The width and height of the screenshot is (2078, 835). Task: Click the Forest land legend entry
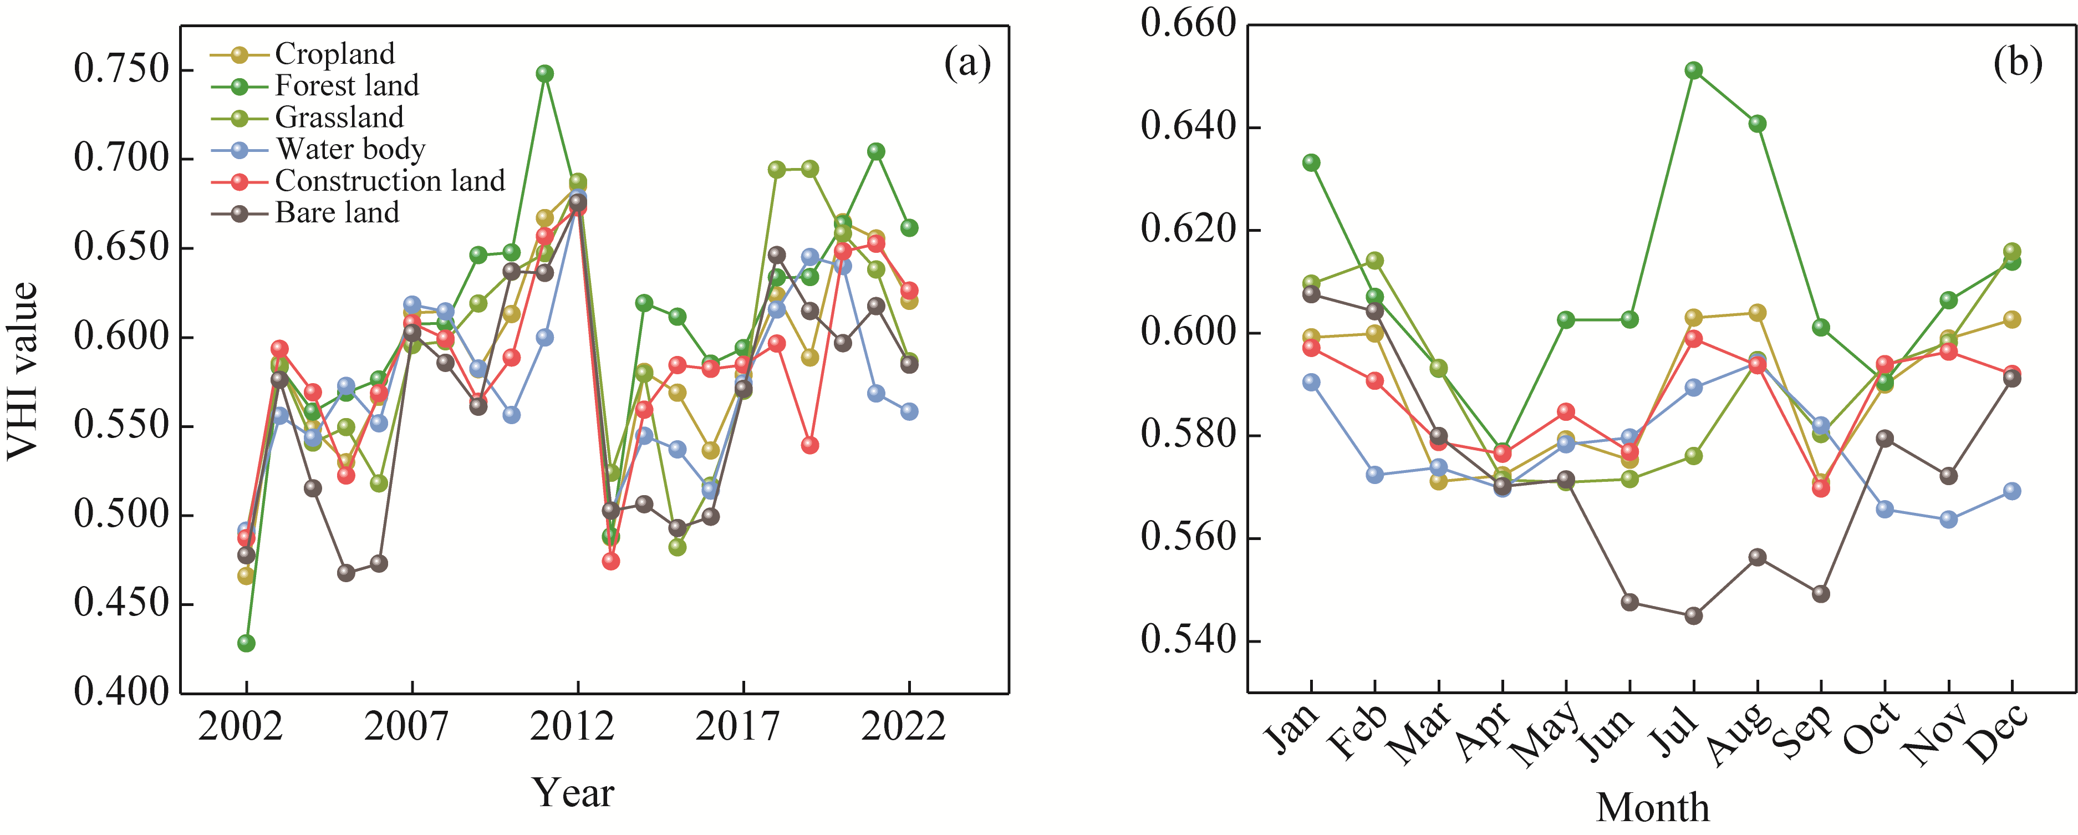(347, 85)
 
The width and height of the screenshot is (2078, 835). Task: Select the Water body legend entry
(350, 149)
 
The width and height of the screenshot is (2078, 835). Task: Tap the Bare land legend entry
(337, 213)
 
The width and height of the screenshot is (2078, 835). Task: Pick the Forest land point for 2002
(246, 643)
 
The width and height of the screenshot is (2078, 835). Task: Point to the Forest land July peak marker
(1693, 70)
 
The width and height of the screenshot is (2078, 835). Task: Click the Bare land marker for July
(1693, 615)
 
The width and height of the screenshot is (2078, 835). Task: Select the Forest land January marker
(1311, 162)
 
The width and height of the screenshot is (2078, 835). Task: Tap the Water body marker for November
(1948, 520)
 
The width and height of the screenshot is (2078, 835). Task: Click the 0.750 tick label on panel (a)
(121, 69)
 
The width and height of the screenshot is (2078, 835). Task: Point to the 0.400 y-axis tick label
(121, 692)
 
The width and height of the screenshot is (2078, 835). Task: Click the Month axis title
(1652, 808)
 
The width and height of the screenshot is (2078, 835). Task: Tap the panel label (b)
(2018, 63)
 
